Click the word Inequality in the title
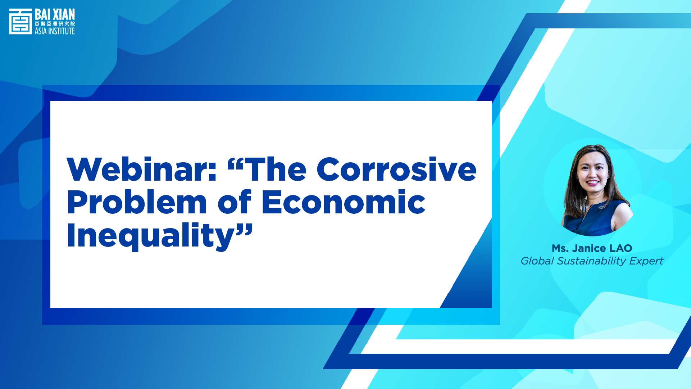tap(151, 236)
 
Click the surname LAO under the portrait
tap(621, 248)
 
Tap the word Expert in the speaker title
tap(646, 261)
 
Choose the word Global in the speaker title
tap(537, 261)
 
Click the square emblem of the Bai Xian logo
tap(21, 22)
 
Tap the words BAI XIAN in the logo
tap(55, 15)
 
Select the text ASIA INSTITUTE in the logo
tap(55, 31)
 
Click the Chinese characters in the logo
tap(55, 24)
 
